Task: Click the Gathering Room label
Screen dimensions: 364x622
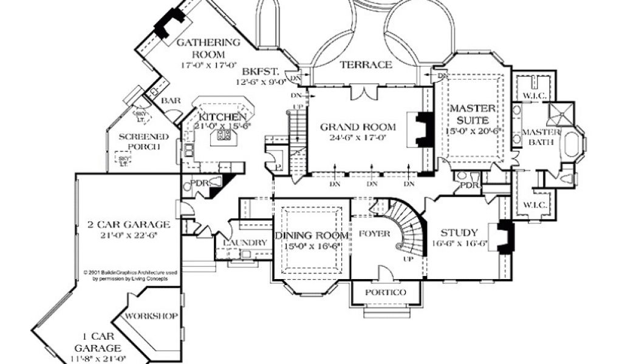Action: coord(208,48)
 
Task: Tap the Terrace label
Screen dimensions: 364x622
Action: coord(365,65)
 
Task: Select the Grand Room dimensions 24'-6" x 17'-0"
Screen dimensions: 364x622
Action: coord(358,138)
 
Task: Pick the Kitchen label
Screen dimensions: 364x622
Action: coord(221,116)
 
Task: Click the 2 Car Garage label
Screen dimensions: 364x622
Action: coord(128,224)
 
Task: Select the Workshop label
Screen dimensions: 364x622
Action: coord(150,316)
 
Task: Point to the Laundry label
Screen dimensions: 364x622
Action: coord(245,243)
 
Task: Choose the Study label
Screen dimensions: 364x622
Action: coord(459,232)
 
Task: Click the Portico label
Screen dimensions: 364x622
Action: coord(385,292)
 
